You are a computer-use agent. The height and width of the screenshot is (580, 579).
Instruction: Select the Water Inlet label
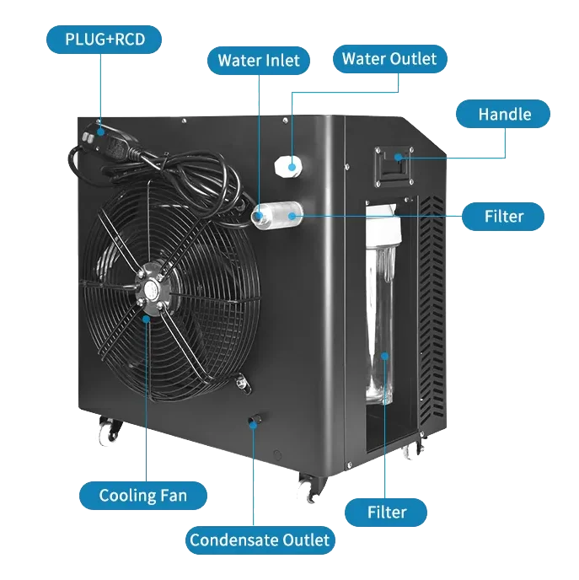(x=256, y=61)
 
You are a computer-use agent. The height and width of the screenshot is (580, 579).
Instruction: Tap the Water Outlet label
(x=389, y=59)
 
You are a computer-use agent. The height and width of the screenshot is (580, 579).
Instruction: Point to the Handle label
(x=504, y=114)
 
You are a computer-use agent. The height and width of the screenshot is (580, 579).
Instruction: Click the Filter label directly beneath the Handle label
(x=504, y=217)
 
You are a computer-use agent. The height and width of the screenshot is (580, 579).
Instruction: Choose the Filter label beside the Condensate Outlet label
(x=386, y=512)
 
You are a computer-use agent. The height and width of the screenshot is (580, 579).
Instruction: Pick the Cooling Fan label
(x=142, y=495)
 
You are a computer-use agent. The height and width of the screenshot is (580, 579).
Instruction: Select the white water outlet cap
(x=287, y=165)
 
